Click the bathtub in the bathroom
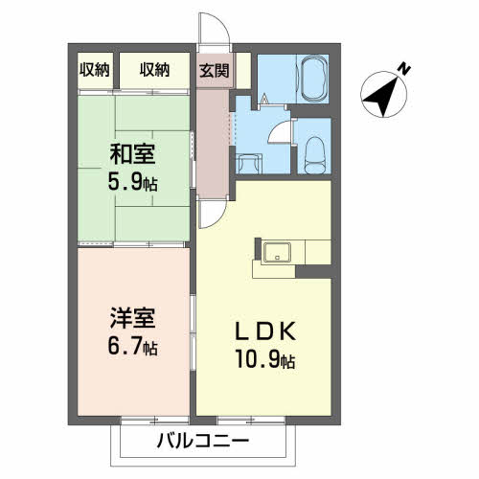(x=313, y=79)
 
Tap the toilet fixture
(x=314, y=155)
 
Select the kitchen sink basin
(x=277, y=253)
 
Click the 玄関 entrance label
(x=215, y=71)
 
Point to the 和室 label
(x=132, y=154)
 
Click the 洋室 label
(x=132, y=318)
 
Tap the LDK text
(x=265, y=331)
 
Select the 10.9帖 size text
(x=265, y=359)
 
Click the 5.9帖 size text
(x=132, y=182)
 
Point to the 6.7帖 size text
(x=132, y=346)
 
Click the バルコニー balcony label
(x=203, y=441)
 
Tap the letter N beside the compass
(x=404, y=69)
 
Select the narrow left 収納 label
(x=95, y=70)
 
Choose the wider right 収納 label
(x=154, y=70)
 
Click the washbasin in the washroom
(x=249, y=163)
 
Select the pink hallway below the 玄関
(x=213, y=143)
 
